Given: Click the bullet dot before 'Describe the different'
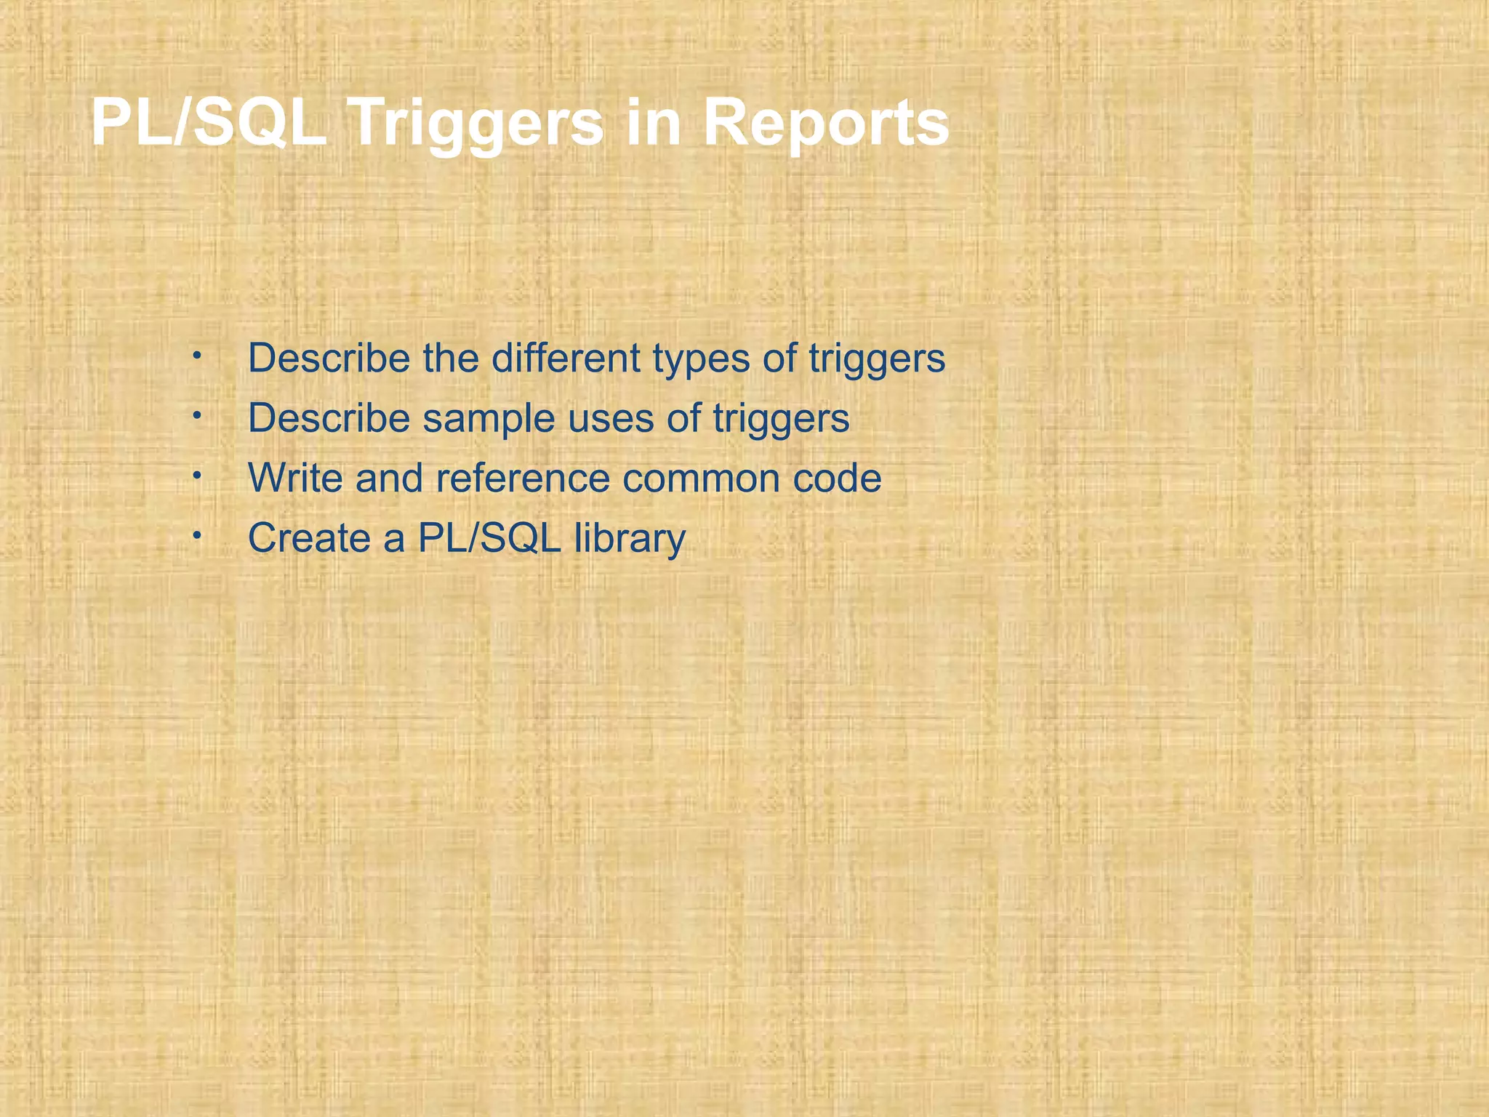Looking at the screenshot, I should (196, 356).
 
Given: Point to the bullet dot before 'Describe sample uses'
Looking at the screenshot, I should (196, 415).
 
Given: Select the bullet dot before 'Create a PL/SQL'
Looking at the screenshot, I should (196, 535).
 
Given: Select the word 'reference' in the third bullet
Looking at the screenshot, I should (523, 478).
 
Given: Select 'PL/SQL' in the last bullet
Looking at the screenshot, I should (489, 538).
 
